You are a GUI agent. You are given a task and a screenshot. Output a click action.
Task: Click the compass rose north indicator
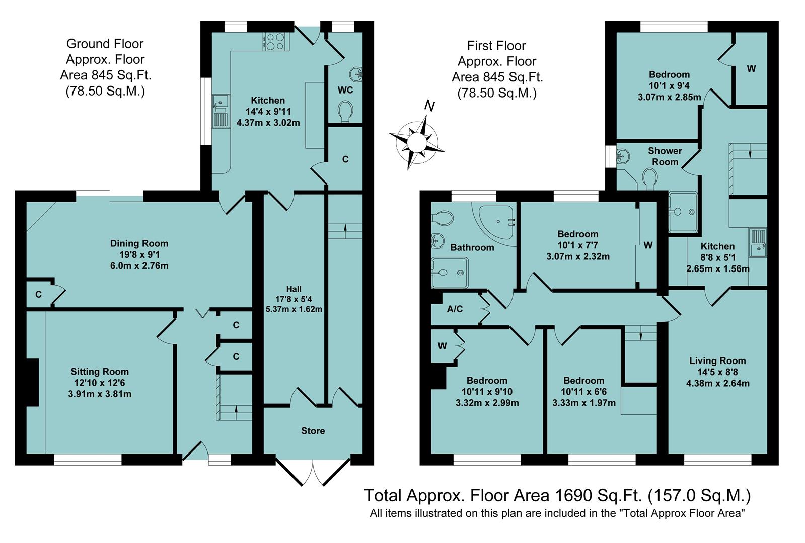[429, 106]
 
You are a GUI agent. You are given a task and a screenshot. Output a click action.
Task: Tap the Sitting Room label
[99, 372]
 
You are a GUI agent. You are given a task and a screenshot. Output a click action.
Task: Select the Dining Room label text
[139, 243]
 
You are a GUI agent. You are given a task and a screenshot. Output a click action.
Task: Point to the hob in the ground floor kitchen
[274, 41]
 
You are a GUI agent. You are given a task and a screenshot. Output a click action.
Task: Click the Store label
[313, 431]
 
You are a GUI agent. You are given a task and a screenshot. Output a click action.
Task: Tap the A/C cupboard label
[455, 309]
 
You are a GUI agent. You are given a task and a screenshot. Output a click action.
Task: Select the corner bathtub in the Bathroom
[496, 221]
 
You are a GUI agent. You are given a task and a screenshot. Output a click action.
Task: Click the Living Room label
[717, 360]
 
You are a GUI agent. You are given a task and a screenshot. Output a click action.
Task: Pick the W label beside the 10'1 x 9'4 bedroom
[751, 69]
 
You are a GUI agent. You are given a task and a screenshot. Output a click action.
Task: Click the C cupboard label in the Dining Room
[38, 295]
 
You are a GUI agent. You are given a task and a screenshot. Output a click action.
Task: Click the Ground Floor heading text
[105, 44]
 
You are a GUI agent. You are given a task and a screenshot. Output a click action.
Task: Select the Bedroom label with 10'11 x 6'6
[583, 381]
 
